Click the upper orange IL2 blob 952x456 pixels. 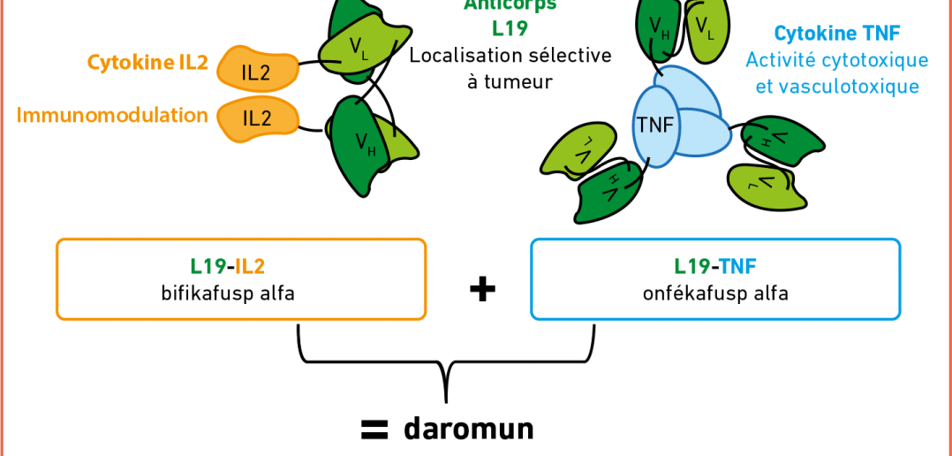pos(256,71)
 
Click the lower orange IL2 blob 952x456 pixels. pos(256,118)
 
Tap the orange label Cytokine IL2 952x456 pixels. pos(147,63)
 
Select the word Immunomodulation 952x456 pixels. pos(112,115)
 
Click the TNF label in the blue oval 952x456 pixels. pos(654,125)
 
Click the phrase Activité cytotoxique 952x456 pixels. pos(836,60)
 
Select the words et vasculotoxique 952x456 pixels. pos(836,86)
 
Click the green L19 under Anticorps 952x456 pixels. pos(510,28)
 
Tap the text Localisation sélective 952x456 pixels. pos(510,55)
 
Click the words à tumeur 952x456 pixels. pos(510,81)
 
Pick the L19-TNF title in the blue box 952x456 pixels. pos(715,265)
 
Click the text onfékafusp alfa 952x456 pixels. pos(715,293)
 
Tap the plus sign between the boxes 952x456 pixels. pos(481,290)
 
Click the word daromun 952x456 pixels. pos(469,429)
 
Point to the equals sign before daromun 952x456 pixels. pos(375,429)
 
